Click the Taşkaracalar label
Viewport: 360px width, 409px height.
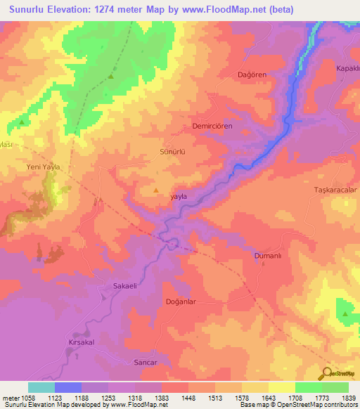pyautogui.click(x=336, y=190)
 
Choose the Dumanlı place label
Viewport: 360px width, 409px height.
pyautogui.click(x=267, y=257)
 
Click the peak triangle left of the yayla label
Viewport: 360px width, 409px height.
pyautogui.click(x=156, y=190)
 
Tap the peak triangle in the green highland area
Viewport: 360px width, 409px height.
pyautogui.click(x=111, y=77)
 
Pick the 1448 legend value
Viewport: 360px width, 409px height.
pyautogui.click(x=188, y=397)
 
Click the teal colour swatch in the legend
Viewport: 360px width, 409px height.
pyautogui.click(x=41, y=387)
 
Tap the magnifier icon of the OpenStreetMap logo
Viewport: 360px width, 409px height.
pyautogui.click(x=325, y=373)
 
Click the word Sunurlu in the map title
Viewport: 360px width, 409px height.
pyautogui.click(x=29, y=9)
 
